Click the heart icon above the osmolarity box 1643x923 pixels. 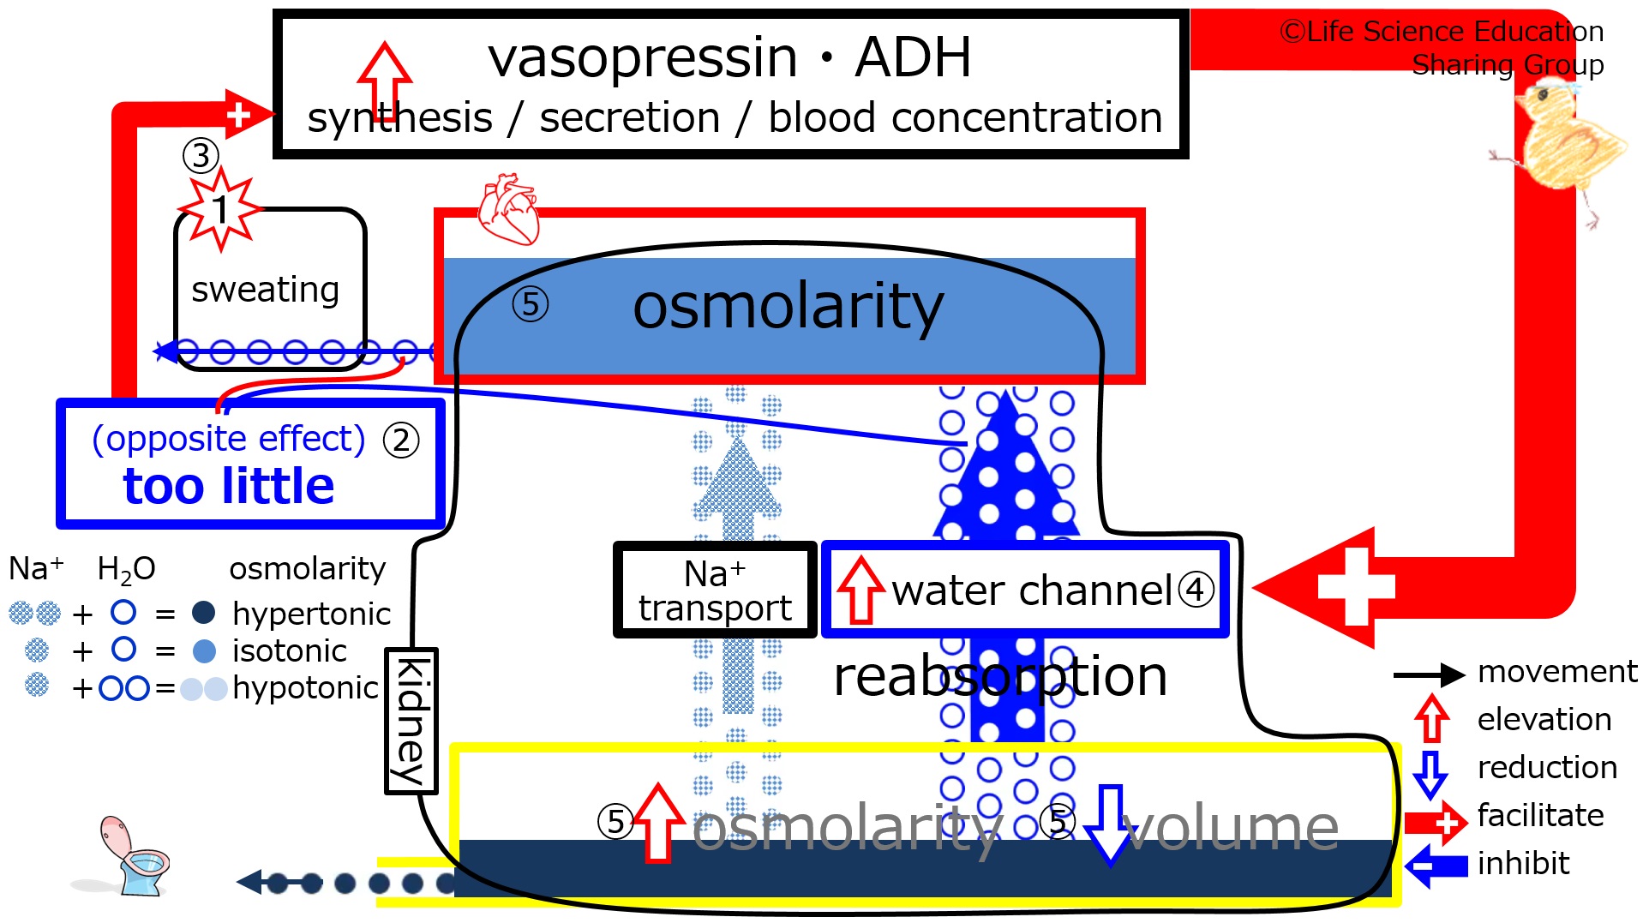508,209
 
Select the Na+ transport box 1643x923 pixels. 715,590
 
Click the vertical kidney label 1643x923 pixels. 411,721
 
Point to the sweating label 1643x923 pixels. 265,290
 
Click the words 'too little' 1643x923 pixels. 229,486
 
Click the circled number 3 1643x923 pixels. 201,155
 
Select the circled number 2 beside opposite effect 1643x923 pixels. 401,441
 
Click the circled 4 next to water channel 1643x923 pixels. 1196,590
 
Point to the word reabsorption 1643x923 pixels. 1000,676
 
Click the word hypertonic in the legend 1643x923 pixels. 311,614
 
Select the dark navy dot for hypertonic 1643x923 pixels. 204,612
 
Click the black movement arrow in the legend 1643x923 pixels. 1430,675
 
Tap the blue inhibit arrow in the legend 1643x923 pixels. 1436,866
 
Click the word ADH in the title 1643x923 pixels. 913,57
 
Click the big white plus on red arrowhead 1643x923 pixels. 1357,587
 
